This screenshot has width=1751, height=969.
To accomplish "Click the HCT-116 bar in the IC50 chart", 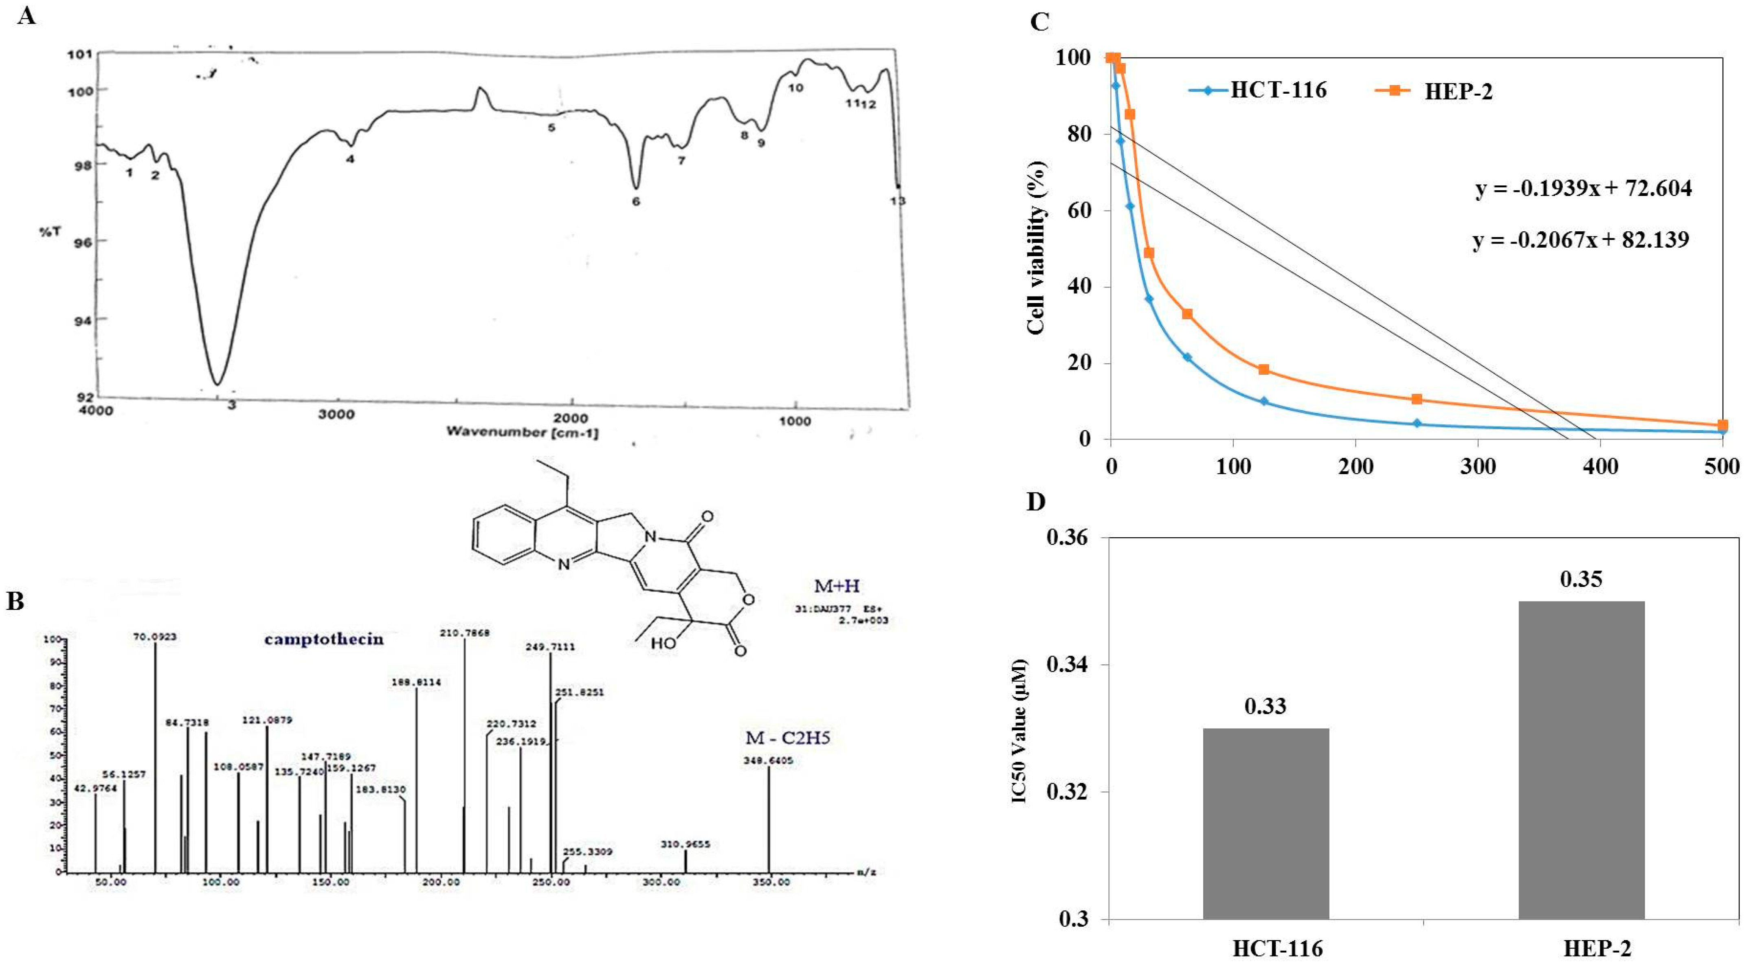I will pos(1265,824).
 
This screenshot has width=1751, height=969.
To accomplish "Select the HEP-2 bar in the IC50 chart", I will pos(1581,760).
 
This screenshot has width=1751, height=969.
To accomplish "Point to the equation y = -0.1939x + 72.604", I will pos(1584,188).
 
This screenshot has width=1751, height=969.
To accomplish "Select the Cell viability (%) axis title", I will pos(1036,248).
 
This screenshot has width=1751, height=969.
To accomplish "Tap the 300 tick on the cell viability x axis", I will pos(1478,467).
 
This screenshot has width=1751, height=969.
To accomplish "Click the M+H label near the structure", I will pos(836,586).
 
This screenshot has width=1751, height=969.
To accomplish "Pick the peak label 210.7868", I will pos(464,633).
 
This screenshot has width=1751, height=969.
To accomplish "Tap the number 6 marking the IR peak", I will pos(635,201).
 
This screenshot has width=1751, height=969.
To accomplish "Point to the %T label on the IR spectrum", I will pos(50,232).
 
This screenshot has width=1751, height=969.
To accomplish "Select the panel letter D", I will pos(1036,502).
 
